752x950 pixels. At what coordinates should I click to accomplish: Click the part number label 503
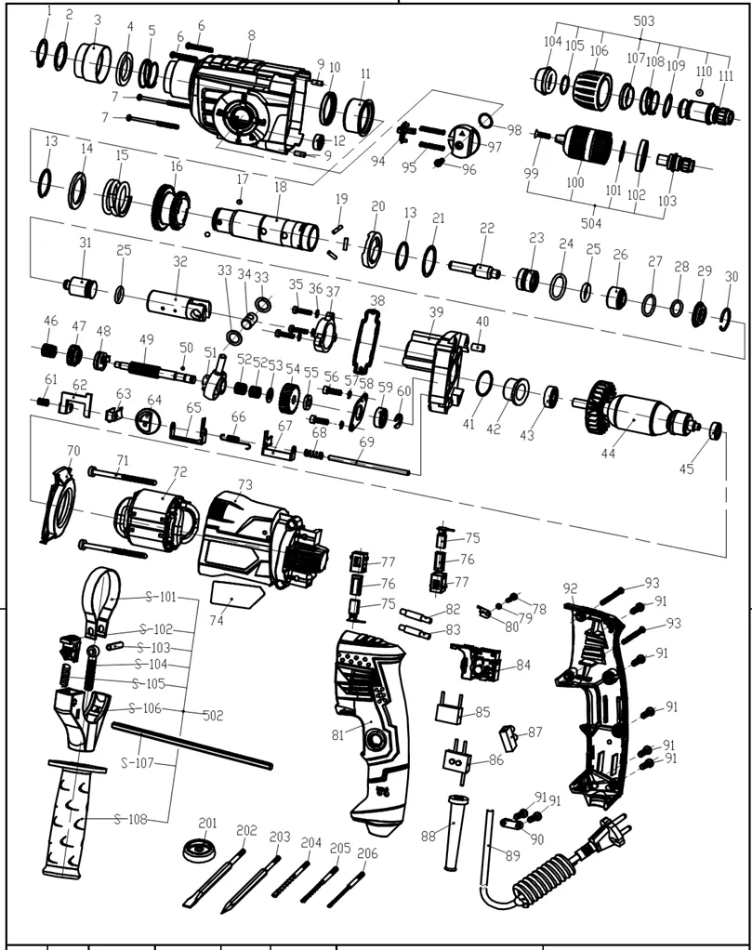643,21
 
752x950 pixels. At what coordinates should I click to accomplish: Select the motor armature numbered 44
641,415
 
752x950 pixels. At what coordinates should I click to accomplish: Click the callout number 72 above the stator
179,472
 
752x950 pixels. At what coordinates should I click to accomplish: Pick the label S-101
160,598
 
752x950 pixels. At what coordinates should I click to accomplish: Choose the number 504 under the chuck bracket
591,224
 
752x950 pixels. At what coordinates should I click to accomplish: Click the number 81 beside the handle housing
338,735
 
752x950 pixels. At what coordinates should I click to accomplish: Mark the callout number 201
207,824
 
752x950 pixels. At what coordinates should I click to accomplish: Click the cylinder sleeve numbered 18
266,225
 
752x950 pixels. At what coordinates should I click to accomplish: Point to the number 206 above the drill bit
367,853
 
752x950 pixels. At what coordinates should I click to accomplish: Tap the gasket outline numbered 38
368,341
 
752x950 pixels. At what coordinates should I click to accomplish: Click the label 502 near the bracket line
213,716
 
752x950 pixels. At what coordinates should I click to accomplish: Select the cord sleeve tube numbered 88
455,833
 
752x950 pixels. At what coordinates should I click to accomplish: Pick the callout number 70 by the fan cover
73,451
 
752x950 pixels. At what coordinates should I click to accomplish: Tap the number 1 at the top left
49,11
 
